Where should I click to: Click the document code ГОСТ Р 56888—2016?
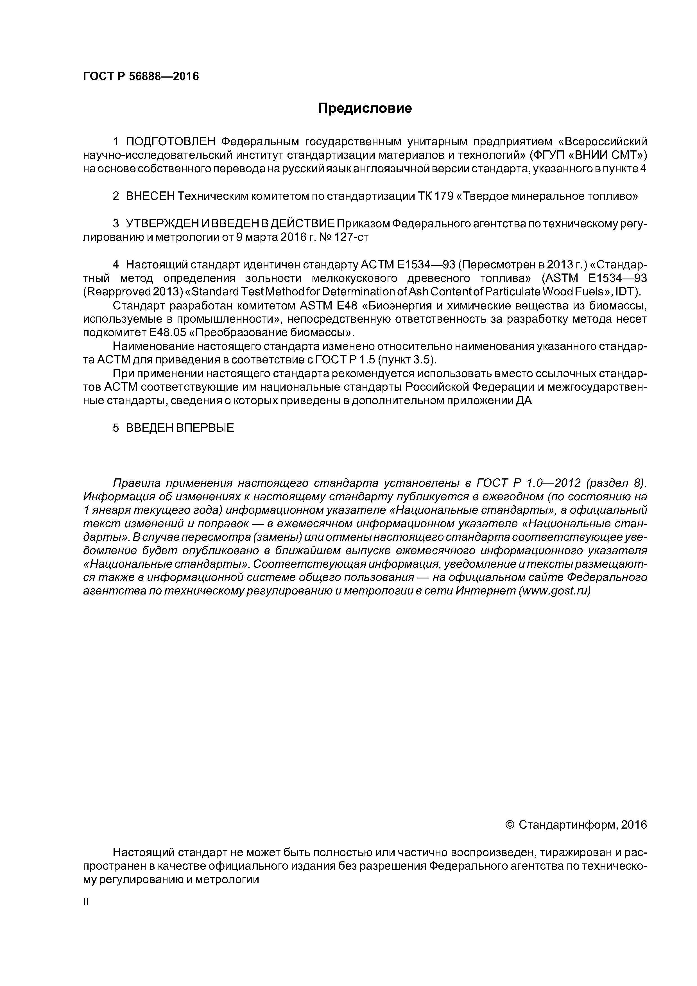pos(141,76)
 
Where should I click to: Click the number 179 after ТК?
pos(443,196)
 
